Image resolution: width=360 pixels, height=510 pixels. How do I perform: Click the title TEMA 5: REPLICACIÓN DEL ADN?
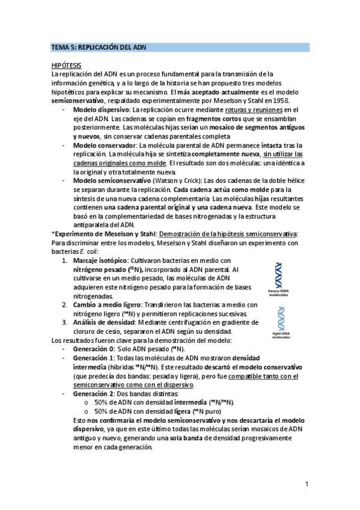pos(99,47)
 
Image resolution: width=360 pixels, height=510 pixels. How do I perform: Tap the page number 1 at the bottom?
pos(307,483)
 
